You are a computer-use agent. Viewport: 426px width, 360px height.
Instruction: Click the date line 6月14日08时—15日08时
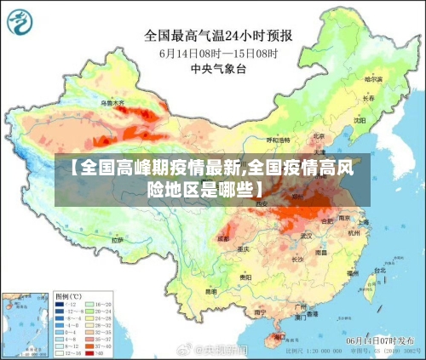[220, 53]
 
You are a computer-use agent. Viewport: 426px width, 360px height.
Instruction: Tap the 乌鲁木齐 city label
[112, 103]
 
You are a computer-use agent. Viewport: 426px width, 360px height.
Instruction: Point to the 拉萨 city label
[118, 240]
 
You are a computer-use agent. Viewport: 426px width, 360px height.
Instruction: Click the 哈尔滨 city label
[372, 79]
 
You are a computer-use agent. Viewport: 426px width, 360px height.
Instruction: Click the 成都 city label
[223, 239]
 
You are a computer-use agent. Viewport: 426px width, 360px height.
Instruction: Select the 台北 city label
[379, 271]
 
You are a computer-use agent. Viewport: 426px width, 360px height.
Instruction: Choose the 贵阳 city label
[245, 277]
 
